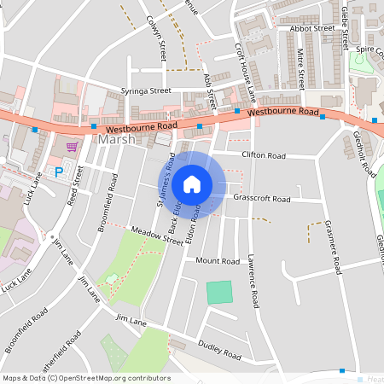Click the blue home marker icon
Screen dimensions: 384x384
coord(192,183)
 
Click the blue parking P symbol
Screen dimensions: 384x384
coord(59,172)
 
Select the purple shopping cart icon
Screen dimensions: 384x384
coord(72,146)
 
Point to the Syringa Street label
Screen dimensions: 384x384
coord(147,90)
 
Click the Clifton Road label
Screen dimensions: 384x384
coord(263,155)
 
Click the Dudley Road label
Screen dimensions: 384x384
coord(220,351)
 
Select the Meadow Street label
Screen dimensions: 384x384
coord(156,236)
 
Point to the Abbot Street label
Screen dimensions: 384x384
coord(311,28)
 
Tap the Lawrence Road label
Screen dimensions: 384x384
coord(253,282)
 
